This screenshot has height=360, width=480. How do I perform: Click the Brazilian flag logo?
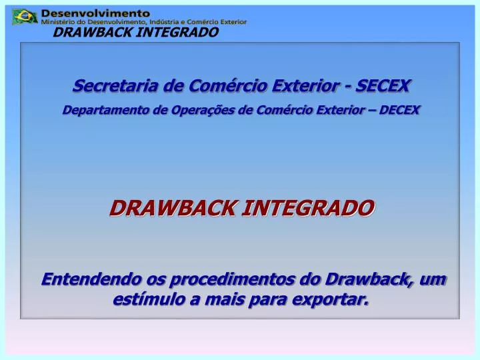tap(25, 16)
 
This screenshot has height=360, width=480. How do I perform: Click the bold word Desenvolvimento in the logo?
tap(96, 13)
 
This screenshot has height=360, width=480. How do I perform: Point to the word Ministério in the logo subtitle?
tap(57, 22)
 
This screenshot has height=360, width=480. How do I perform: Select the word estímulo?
tap(148, 301)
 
